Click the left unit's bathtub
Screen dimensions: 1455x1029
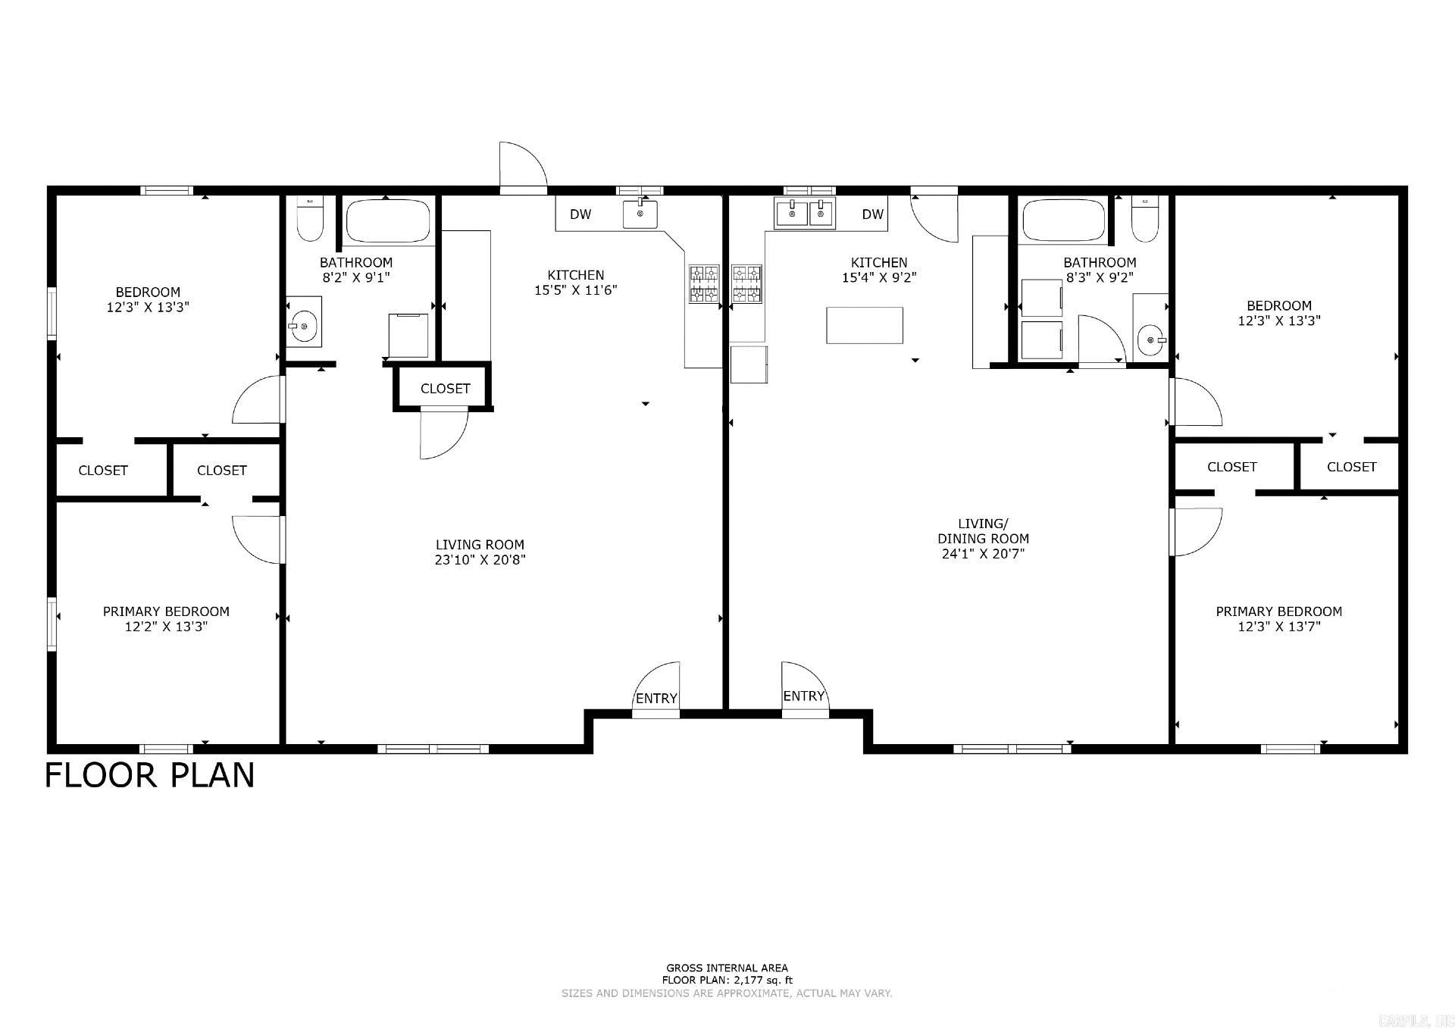click(388, 220)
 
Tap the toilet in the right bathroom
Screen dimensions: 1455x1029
click(1144, 218)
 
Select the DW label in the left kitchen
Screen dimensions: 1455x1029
click(580, 214)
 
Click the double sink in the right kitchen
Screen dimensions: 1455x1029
click(804, 213)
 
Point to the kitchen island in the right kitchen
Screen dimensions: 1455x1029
click(865, 325)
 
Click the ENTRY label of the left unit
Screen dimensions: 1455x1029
click(656, 699)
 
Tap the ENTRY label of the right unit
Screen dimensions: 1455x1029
click(803, 696)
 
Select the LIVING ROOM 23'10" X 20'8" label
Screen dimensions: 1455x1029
click(480, 552)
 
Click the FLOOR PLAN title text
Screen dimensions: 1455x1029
click(150, 776)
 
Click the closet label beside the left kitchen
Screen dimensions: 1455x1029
click(446, 389)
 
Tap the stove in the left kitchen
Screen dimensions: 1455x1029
click(704, 284)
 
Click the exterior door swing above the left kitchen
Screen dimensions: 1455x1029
click(523, 164)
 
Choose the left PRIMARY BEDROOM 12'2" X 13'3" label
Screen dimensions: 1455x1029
click(166, 619)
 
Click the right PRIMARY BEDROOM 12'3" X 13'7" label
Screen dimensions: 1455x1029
click(1279, 619)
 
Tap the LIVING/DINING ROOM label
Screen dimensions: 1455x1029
click(983, 539)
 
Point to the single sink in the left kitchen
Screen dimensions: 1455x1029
click(640, 214)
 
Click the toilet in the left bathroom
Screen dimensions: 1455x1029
click(310, 218)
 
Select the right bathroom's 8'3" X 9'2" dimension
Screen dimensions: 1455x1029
click(1100, 278)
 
